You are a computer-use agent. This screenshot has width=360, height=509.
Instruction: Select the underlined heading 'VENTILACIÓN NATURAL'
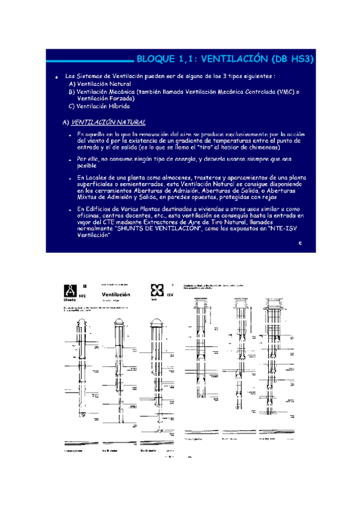108,122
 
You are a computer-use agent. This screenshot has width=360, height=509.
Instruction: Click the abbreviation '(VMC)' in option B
285,92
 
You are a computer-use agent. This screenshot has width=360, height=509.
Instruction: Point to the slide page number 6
299,243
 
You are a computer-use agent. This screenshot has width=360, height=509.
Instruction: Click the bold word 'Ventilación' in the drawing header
116,294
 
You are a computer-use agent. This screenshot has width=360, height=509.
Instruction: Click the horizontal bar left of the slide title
89,60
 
